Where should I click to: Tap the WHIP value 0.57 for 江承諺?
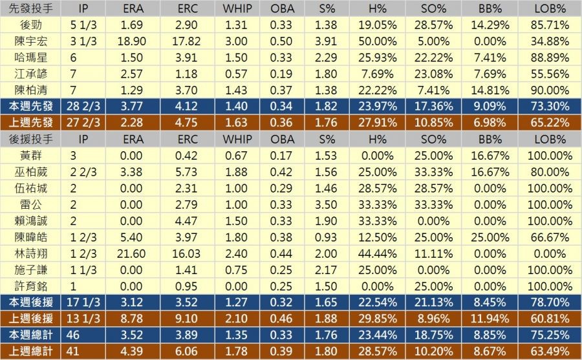(237, 74)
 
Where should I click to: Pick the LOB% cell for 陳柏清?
(551, 90)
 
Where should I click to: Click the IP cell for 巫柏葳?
(83, 172)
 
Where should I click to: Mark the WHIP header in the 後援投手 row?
(237, 139)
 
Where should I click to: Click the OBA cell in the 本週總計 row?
(282, 335)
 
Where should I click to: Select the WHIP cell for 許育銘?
(237, 286)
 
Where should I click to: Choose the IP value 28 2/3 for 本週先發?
(83, 107)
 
